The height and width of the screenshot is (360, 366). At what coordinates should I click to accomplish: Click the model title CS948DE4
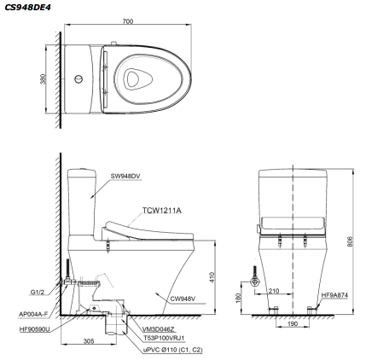point(26,7)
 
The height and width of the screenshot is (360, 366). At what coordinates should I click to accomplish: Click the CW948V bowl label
point(175,299)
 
